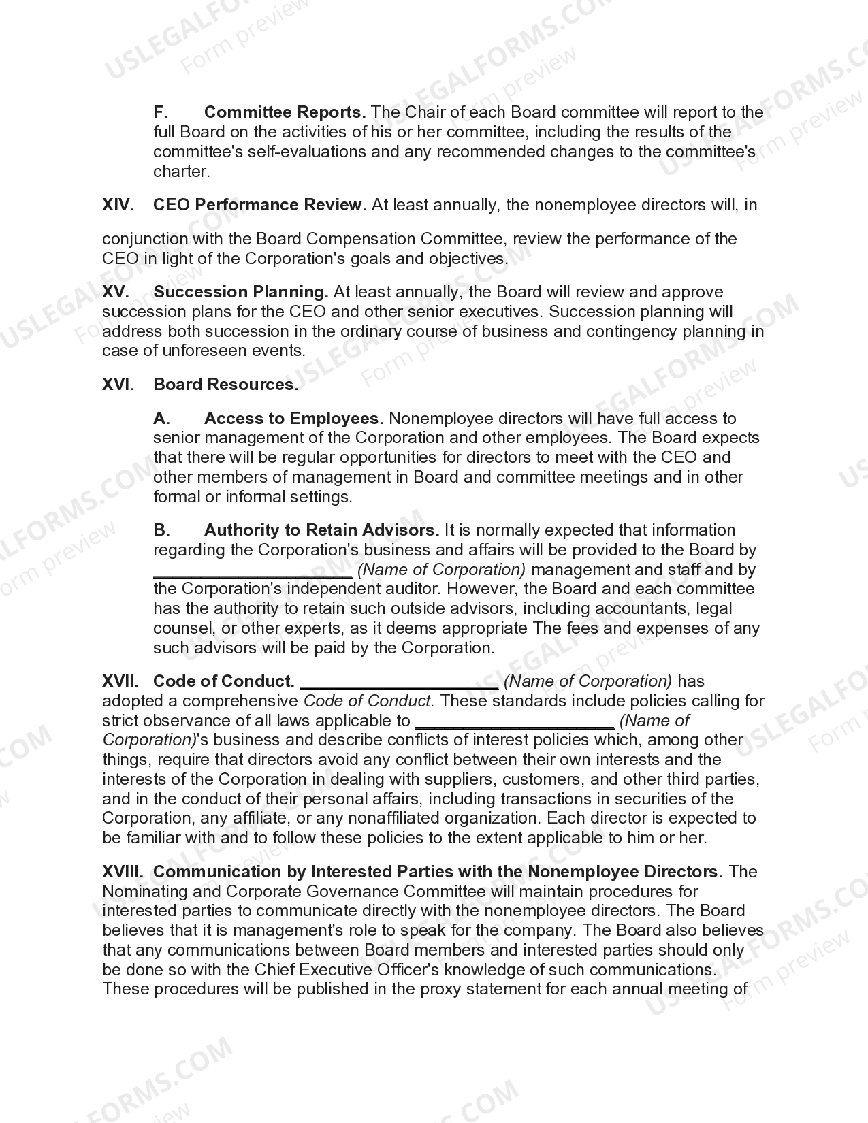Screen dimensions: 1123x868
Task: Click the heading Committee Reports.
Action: [x=285, y=112]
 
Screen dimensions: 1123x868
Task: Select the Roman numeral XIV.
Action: [x=117, y=205]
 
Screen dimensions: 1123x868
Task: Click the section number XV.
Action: [x=115, y=292]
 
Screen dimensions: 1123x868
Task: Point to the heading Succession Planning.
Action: [x=241, y=292]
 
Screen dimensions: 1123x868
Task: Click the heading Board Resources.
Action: [x=226, y=385]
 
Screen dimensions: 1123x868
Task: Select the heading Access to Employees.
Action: [x=293, y=418]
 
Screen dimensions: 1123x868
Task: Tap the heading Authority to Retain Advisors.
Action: [x=321, y=530]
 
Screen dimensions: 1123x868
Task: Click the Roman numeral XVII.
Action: [x=120, y=681]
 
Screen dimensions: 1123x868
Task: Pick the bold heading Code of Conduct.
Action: [x=224, y=681]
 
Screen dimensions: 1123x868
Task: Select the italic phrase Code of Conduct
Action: [x=367, y=701]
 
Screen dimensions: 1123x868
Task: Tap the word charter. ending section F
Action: [x=182, y=172]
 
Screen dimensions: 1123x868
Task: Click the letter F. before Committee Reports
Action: [x=161, y=112]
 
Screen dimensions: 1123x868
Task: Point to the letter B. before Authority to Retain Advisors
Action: [x=161, y=530]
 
